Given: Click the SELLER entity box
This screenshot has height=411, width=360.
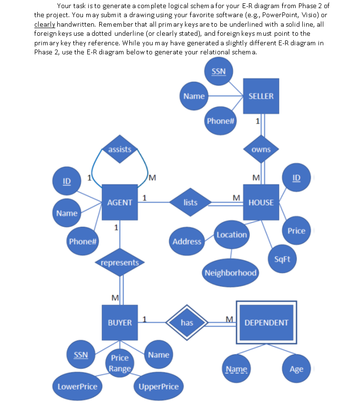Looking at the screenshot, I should [261, 96].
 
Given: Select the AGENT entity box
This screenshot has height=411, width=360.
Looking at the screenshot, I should [120, 202].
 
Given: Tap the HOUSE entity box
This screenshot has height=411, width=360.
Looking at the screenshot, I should [261, 202].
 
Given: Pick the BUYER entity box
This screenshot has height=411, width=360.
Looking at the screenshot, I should [120, 323].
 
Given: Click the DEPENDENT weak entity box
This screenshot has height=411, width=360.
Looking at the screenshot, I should [266, 323].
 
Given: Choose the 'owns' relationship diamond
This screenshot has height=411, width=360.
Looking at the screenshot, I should [261, 149].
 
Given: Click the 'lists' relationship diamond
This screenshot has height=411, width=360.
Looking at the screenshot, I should [190, 202].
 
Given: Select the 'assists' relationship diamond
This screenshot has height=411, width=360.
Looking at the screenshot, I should [120, 149].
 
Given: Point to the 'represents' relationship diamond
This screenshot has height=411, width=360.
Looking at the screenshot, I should [120, 262].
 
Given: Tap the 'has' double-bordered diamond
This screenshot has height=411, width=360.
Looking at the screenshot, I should [187, 323].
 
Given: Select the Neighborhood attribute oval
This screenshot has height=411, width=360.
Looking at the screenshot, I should [231, 273].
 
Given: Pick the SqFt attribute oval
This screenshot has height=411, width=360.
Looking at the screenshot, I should [286, 258].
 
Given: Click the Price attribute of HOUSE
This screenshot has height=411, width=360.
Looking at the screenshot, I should [296, 231].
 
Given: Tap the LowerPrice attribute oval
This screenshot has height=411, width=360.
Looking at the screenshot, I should [77, 387].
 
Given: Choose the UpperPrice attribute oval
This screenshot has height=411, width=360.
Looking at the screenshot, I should [158, 387].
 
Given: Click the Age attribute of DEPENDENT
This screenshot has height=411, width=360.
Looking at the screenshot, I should [296, 369].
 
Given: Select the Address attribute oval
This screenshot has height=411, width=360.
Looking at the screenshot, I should [187, 242].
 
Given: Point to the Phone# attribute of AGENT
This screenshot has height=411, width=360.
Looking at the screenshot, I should [83, 241].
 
